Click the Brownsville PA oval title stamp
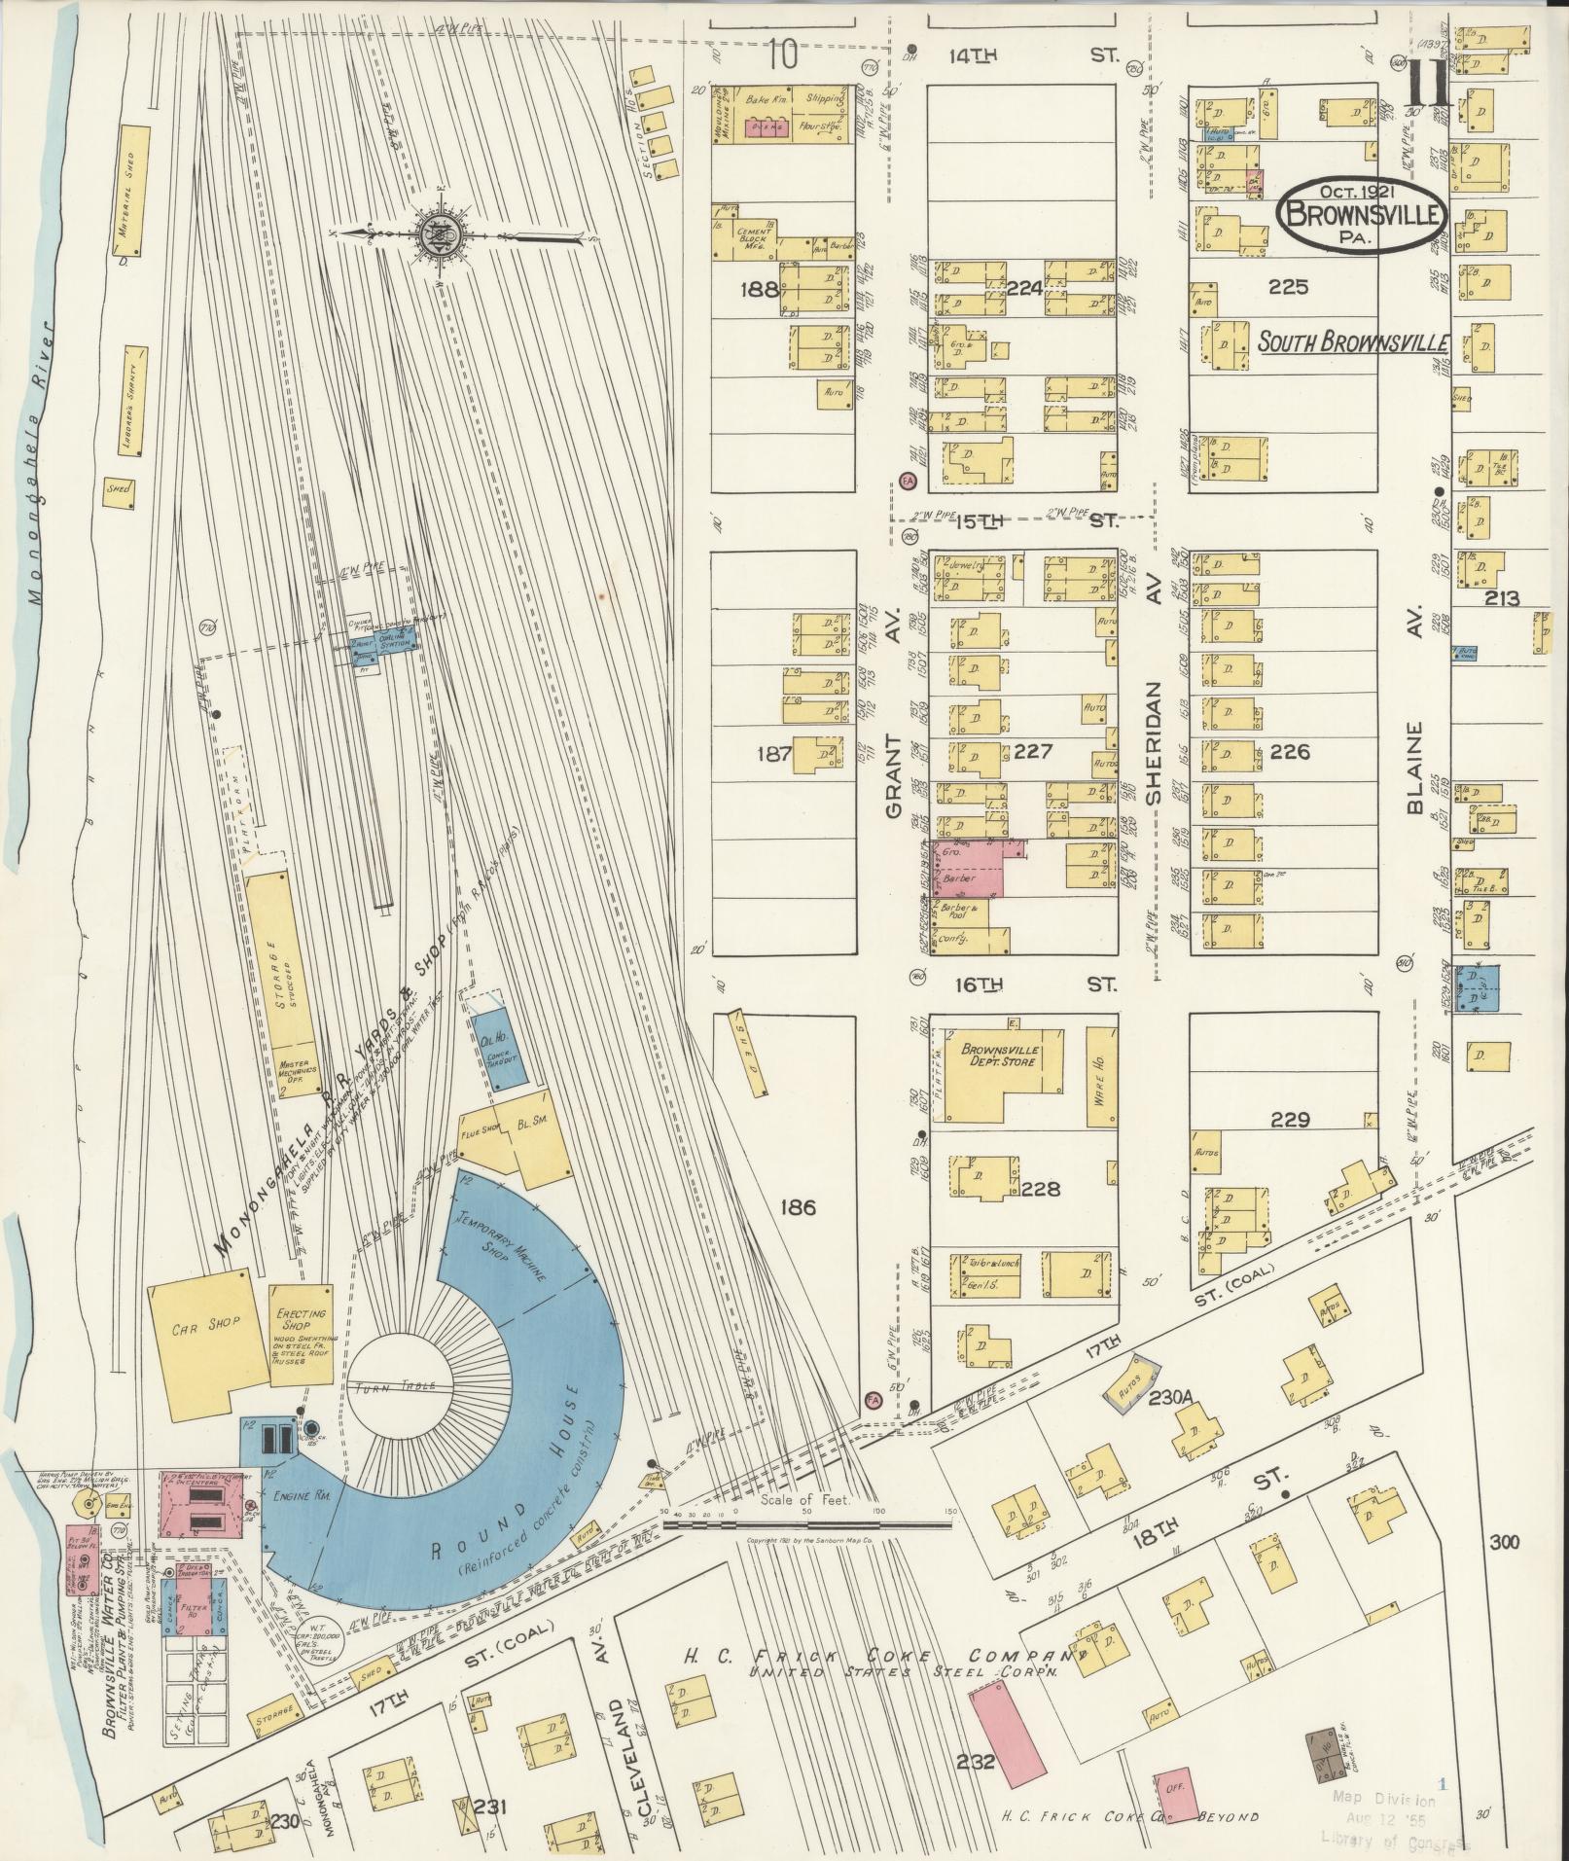coord(1362,217)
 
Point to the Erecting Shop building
coord(301,1335)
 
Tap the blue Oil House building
coord(498,1047)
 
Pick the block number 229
coord(1289,1120)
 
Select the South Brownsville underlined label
coord(1352,343)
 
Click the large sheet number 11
coord(1428,89)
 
